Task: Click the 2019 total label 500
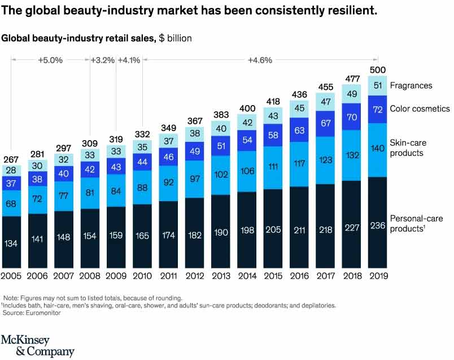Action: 378,70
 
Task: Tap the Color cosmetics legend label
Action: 420,109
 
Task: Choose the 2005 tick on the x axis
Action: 12,276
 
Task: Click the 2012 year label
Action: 195,276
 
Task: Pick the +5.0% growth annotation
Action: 51,59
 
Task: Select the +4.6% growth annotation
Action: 260,59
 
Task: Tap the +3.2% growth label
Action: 103,59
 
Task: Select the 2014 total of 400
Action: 247,108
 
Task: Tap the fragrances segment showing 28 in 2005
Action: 12,171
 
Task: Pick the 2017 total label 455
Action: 325,87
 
